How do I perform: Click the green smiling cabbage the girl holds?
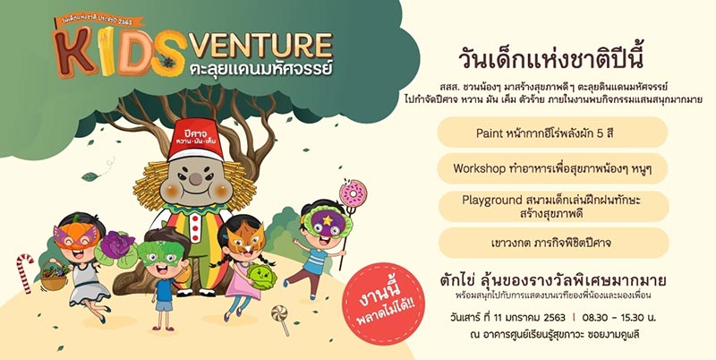[x=262, y=277]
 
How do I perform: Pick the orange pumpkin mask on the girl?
[x=72, y=236]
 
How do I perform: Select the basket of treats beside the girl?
[x=54, y=279]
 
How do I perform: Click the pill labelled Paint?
[x=552, y=132]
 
